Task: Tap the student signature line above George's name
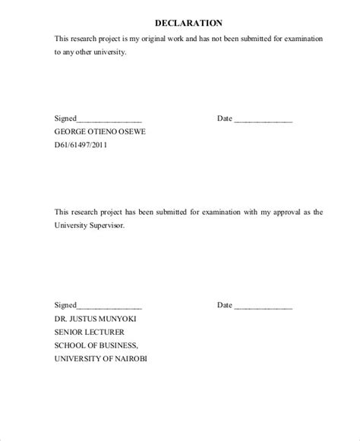(x=109, y=120)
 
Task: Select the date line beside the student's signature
(x=263, y=120)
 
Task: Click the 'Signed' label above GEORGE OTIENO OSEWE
(x=65, y=118)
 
